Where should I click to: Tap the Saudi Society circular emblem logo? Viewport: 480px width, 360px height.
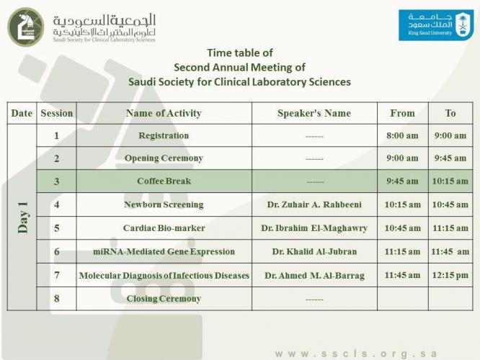click(x=25, y=27)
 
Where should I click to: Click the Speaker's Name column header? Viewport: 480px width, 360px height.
click(x=314, y=113)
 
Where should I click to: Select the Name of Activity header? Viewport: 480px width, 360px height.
click(x=164, y=113)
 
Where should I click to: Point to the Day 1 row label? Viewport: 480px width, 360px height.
click(x=22, y=217)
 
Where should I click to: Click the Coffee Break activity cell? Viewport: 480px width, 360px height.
click(x=164, y=181)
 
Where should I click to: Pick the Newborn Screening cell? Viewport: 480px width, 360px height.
click(x=164, y=204)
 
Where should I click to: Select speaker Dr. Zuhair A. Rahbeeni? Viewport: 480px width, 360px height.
click(x=314, y=204)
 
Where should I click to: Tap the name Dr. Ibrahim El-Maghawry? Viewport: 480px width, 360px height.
click(x=314, y=228)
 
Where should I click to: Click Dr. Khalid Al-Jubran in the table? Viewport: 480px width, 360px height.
click(x=314, y=252)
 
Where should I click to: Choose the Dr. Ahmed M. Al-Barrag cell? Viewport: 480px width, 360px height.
click(x=314, y=276)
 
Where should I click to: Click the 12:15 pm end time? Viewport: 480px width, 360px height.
click(x=450, y=275)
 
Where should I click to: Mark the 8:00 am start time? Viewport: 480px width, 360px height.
click(x=402, y=135)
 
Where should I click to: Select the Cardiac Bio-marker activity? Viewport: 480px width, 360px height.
click(x=164, y=228)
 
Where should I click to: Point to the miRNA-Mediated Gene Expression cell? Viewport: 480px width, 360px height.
click(x=164, y=252)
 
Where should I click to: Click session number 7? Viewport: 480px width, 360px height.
click(x=56, y=276)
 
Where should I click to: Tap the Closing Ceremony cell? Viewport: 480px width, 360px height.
click(x=164, y=299)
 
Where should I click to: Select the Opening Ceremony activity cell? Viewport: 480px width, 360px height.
click(x=164, y=158)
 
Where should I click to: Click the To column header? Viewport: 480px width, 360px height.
click(x=450, y=113)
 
